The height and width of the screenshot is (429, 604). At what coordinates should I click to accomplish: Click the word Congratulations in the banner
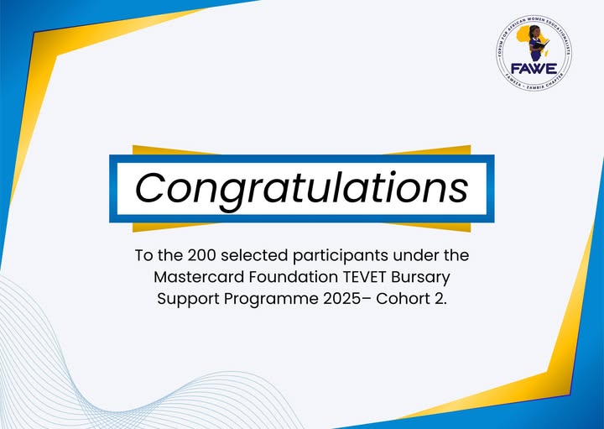point(302,189)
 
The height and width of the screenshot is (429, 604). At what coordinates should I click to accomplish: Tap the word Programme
point(271,300)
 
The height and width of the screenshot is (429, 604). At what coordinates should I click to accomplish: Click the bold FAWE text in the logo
point(534,69)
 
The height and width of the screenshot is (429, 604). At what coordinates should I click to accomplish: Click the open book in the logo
point(542,44)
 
